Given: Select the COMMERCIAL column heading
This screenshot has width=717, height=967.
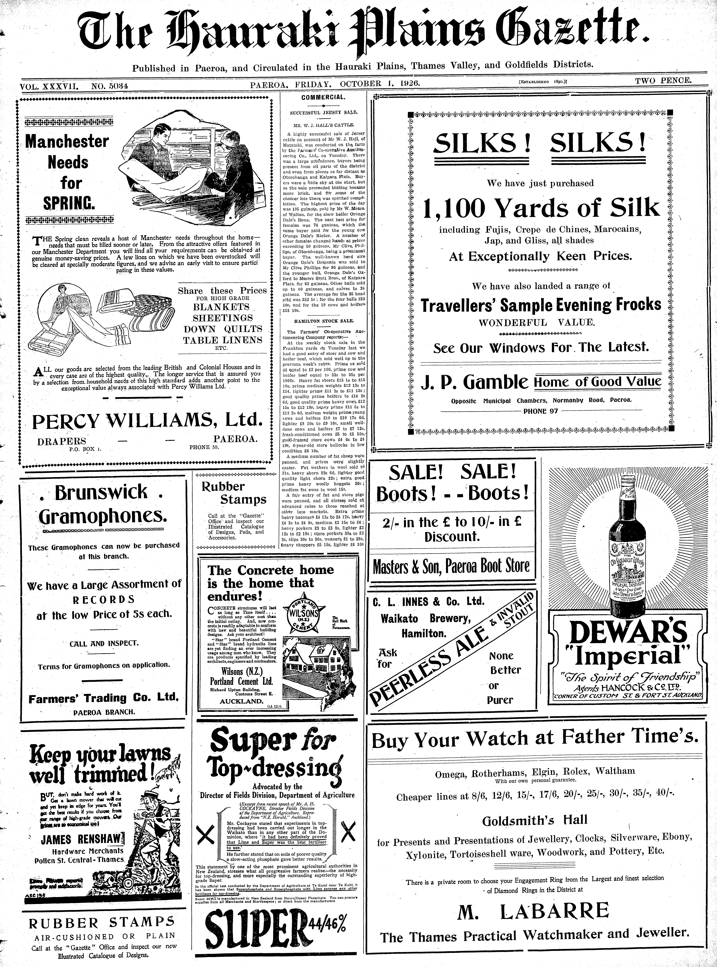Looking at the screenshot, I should coord(323,97).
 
